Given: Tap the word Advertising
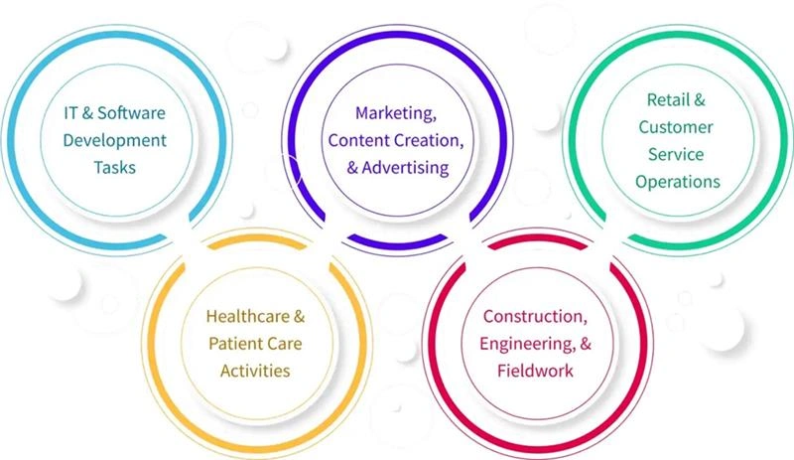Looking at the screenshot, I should point(402,168).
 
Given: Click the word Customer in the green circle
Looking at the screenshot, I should point(678,127).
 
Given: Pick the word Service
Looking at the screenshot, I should point(678,154).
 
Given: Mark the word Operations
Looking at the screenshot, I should point(678,182).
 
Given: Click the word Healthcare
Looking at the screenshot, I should point(247,318).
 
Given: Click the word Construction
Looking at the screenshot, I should point(534,317).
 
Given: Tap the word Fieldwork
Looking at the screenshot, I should point(536,371).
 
